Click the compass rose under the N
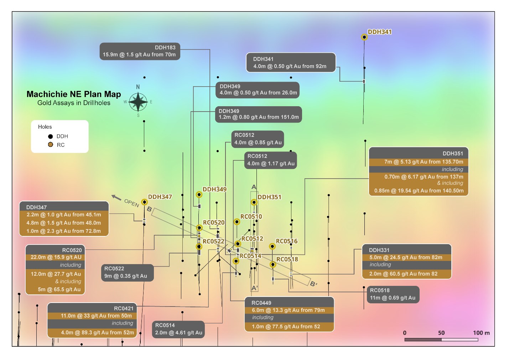coord(138,102)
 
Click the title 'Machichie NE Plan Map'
coord(74,94)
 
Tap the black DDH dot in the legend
coord(51,136)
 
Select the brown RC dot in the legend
coord(51,145)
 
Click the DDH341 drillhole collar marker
coord(364,37)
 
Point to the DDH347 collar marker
coord(144,202)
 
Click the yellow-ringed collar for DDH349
coord(199,195)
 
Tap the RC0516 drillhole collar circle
coord(272,246)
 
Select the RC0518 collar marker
coord(273,264)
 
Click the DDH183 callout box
coord(140,51)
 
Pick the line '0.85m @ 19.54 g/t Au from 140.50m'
coord(419,191)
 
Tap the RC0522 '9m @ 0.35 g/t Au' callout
coord(127,273)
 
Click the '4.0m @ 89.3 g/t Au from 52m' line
coord(97,333)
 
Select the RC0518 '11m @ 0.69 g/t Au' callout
coord(393,294)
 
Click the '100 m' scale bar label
coord(481,333)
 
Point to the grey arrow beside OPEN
coord(116,197)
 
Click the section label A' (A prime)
coord(254,288)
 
